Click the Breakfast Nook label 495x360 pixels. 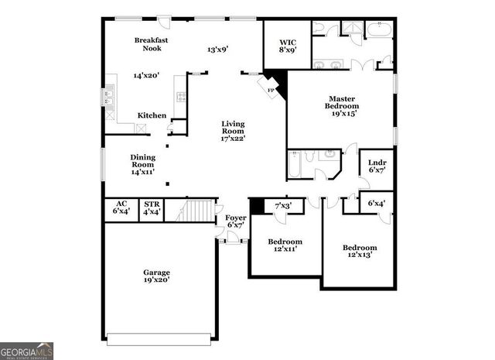point(151,43)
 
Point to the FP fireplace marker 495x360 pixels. point(271,90)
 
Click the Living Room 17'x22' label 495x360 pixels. point(233,132)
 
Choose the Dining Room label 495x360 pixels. point(142,164)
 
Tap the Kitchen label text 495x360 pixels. point(152,115)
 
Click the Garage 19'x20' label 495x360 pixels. point(156,276)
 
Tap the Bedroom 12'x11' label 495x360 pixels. point(285,245)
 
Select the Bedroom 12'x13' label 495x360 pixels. point(360,252)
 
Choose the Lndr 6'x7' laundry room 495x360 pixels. point(377,166)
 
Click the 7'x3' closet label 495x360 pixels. point(284,206)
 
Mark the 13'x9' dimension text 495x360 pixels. point(217,50)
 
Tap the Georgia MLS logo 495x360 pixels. point(27,350)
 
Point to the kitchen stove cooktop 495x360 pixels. point(181,97)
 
